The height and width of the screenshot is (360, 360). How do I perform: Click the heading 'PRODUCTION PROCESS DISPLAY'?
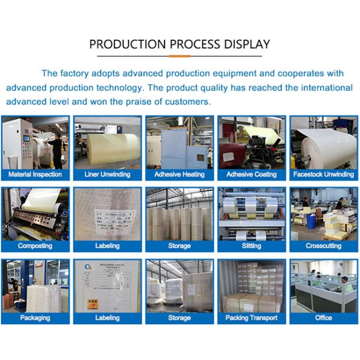coord(179,44)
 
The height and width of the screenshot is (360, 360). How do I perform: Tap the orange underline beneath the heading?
coord(179,56)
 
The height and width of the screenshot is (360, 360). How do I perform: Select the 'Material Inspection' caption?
coord(35,175)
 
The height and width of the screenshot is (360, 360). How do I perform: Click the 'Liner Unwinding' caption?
coord(107,175)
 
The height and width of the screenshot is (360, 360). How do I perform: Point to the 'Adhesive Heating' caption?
coord(179,175)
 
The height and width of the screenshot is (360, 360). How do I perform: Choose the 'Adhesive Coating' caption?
coord(251,175)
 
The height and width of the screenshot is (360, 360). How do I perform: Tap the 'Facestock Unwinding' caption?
coord(323,175)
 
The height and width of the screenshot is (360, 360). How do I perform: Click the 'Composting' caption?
coord(35,246)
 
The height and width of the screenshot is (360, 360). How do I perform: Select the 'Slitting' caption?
coord(251,246)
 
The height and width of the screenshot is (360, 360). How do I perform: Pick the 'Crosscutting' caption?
coord(323,246)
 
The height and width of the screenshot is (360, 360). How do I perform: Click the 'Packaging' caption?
coord(35,318)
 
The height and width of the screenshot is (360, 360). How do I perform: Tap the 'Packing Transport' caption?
coord(251,318)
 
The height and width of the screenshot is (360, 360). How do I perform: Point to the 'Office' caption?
coord(323,318)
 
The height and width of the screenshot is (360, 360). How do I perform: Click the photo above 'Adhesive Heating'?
coord(179,142)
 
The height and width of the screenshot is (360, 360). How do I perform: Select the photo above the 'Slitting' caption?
coord(251,214)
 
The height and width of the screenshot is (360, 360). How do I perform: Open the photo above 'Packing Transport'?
coord(251,286)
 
